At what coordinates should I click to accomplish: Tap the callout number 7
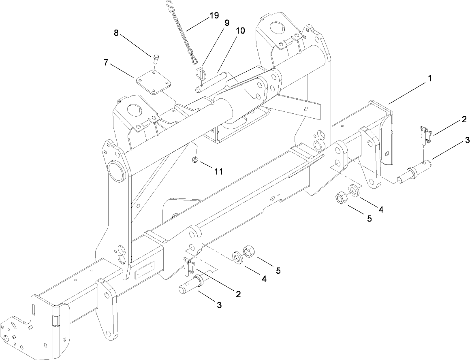click(x=107, y=62)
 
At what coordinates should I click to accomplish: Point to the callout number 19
click(x=214, y=16)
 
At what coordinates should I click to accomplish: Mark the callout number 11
click(x=218, y=171)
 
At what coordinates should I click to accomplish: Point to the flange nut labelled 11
click(x=195, y=160)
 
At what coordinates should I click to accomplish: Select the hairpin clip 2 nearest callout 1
click(x=424, y=135)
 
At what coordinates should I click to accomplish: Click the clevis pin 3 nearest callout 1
click(x=413, y=172)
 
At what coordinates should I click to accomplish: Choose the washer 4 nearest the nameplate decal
click(x=237, y=258)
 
